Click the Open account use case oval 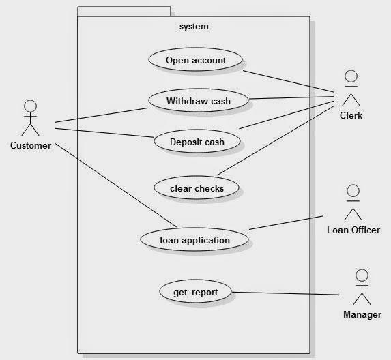195,60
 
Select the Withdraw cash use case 199,100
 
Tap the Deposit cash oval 197,141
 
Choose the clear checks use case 197,187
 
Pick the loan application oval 194,239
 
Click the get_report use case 195,291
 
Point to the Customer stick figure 31,118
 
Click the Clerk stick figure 351,88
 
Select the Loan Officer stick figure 353,202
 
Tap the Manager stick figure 362,287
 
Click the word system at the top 194,27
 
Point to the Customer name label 31,145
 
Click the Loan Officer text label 353,230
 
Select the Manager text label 362,314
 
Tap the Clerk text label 351,115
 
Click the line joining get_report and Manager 285,293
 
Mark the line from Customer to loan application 116,185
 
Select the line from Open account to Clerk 288,82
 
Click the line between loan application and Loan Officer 286,223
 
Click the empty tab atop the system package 124,12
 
